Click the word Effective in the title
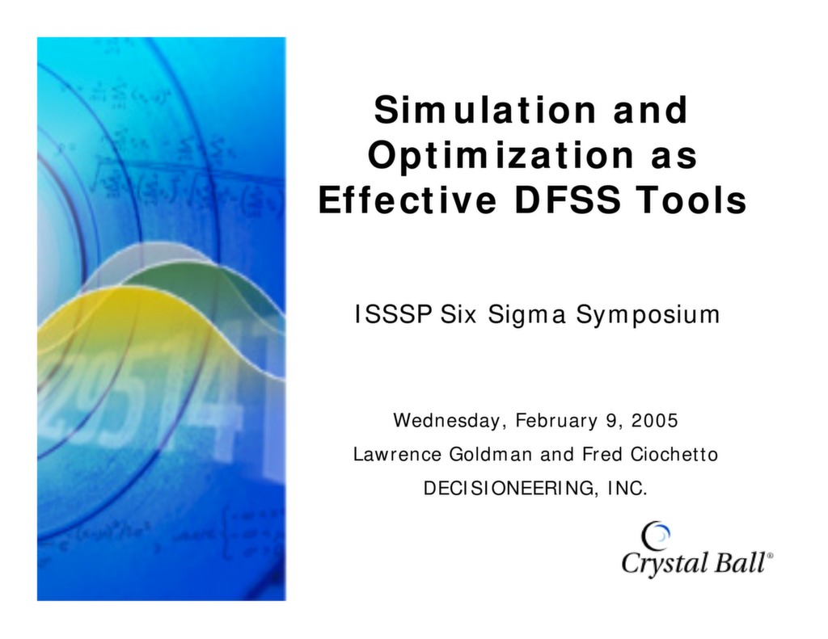coord(407,200)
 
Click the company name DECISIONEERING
coord(509,490)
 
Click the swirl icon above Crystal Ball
coord(655,534)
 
